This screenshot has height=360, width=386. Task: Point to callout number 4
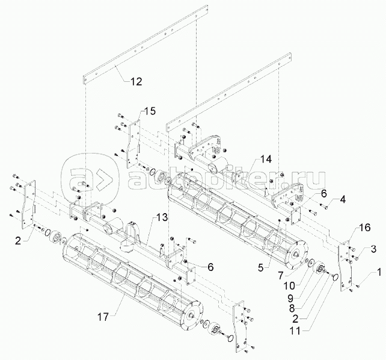(x=343, y=199)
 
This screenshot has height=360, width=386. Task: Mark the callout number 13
(x=161, y=217)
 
